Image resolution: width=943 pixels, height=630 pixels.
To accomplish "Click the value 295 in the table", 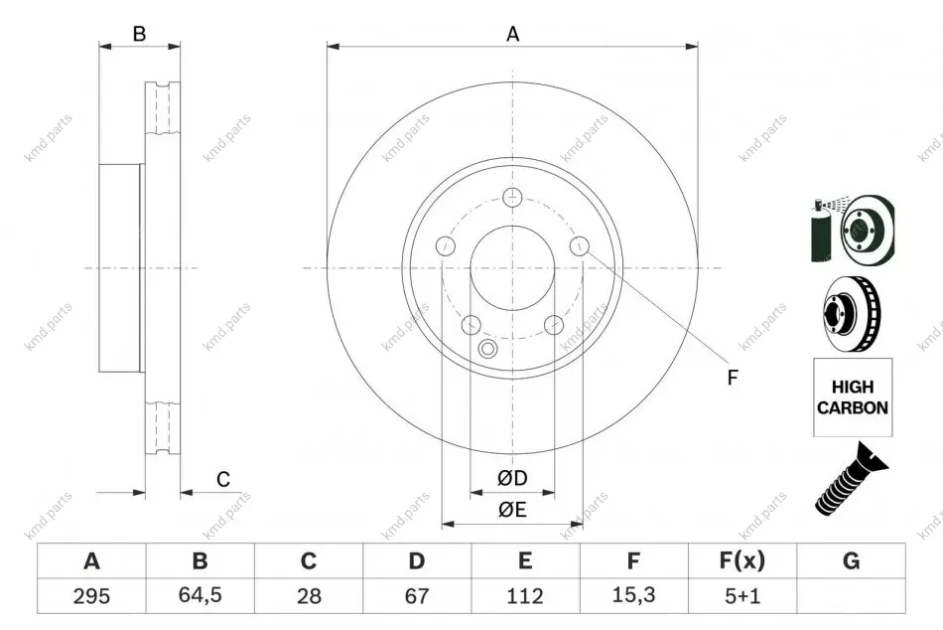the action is tap(91, 596).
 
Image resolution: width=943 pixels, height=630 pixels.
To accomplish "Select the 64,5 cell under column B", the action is tap(200, 595).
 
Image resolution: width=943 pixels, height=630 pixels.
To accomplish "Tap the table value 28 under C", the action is tap(309, 596).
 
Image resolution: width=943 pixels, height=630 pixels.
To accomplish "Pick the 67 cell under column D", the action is tap(417, 596).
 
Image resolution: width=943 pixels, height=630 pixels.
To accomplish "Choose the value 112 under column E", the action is tap(525, 596).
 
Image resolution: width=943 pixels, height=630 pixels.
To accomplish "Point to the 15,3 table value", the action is tap(633, 595).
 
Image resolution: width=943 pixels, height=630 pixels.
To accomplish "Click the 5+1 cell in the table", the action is tap(742, 596).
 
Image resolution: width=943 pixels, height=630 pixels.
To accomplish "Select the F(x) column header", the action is tap(742, 560).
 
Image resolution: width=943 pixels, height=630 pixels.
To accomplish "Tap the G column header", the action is tap(851, 560).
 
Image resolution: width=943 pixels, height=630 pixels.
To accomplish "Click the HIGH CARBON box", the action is tap(853, 396).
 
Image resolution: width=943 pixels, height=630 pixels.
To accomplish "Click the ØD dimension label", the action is tap(512, 478).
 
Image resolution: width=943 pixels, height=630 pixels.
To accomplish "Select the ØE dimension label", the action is tap(512, 510).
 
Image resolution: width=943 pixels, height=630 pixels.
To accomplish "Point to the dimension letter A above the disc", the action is tap(512, 34).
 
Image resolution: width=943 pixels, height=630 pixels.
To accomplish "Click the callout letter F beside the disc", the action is tap(732, 378).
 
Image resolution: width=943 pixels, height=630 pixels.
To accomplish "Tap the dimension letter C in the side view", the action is tap(223, 479).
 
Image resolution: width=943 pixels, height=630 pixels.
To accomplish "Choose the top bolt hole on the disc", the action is tap(512, 197).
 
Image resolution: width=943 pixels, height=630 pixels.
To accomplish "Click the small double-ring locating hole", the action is tap(487, 348).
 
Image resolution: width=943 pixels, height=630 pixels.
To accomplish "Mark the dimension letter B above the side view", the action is tap(140, 34).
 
